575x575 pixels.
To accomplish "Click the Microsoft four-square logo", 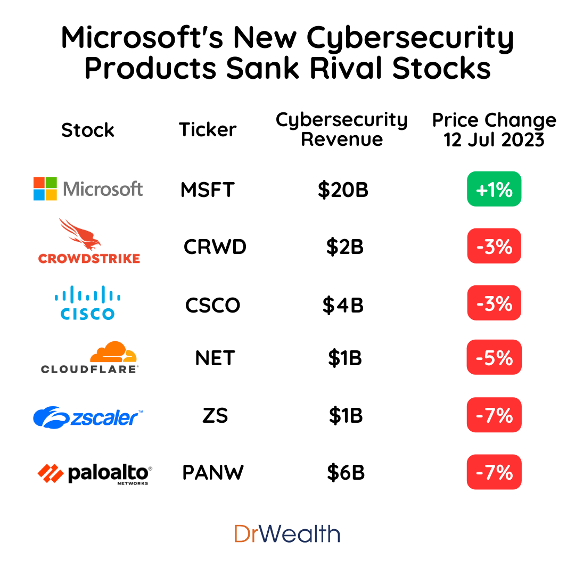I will [x=45, y=188].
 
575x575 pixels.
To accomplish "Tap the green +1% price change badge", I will [x=494, y=189].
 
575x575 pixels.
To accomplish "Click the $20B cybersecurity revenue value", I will [x=343, y=190].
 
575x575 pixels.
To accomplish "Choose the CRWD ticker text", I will [x=215, y=247].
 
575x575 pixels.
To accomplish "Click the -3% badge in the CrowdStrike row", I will [x=494, y=246].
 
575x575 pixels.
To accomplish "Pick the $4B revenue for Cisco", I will [x=343, y=305].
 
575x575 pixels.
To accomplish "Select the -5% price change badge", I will [x=494, y=357].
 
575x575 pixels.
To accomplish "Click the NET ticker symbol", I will [x=215, y=358].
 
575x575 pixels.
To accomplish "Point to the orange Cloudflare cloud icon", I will [x=113, y=352].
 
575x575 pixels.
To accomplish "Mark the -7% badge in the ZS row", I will [x=494, y=415].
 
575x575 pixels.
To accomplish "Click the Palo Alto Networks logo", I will [x=95, y=473].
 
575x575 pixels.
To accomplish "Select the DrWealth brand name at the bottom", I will [x=287, y=533].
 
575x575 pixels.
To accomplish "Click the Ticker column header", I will [x=208, y=129].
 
